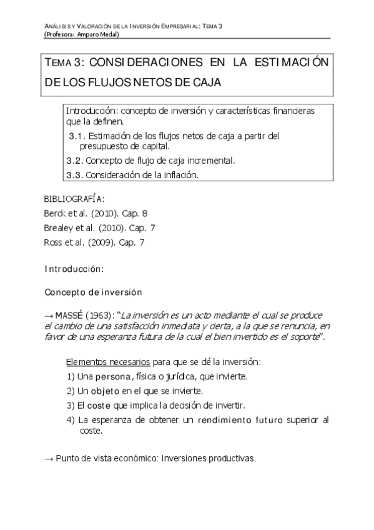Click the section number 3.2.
74,161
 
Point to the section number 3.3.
74,175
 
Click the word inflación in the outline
180,175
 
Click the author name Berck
56,213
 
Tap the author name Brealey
59,228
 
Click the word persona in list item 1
112,376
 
